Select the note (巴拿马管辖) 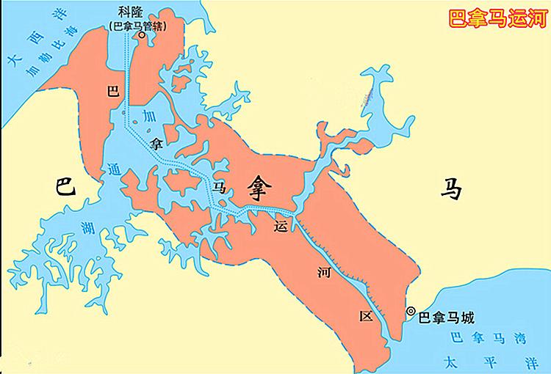coord(136,25)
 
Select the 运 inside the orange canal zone coord(278,227)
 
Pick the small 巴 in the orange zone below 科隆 coord(112,91)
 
